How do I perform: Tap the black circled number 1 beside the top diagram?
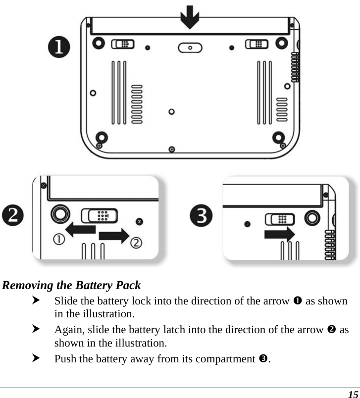point(59,48)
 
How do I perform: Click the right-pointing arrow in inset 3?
point(280,233)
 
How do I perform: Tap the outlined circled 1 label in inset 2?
point(58,240)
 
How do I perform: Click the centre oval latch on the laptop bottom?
point(190,47)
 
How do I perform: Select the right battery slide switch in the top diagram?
point(257,44)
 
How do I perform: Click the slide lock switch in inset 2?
point(100,215)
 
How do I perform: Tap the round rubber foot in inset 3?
point(312,218)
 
